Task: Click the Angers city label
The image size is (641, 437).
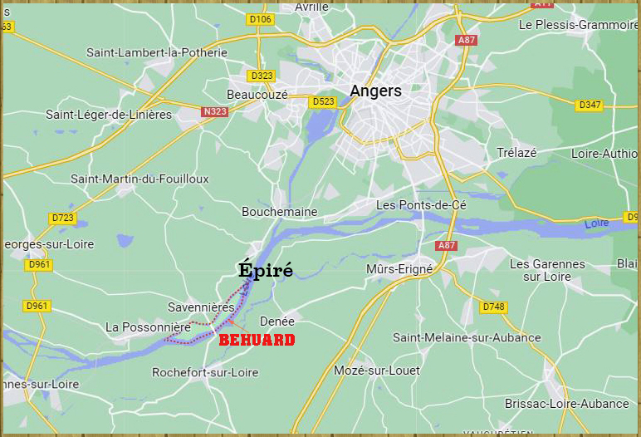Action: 375,91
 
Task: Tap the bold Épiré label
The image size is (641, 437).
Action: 266,270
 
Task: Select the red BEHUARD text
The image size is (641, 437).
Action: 257,340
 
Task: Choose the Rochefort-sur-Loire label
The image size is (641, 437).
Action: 205,373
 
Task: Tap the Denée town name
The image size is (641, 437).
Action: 277,321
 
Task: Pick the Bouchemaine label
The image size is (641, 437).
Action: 279,212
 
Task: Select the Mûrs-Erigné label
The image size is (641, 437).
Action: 399,269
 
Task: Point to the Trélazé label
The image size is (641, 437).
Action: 516,153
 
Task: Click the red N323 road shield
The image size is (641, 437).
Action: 214,111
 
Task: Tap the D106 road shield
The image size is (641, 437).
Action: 260,19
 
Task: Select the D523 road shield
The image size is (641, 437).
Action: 322,101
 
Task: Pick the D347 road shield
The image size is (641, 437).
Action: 590,105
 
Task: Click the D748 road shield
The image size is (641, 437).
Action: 492,307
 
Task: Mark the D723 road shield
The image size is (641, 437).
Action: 62,218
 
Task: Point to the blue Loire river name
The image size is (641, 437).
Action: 596,224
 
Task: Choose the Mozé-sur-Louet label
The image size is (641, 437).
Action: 377,370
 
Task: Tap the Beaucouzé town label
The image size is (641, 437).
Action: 257,95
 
